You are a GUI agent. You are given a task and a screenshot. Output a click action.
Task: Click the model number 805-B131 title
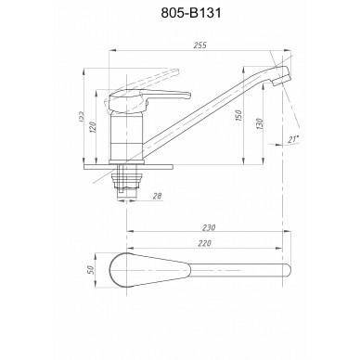(x=191, y=13)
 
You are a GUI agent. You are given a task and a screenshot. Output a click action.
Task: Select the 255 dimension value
(x=199, y=45)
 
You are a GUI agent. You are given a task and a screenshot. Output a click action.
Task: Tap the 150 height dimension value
(x=238, y=115)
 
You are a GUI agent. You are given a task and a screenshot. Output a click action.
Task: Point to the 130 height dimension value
(x=259, y=123)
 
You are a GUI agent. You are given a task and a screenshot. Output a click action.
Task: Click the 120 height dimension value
(x=92, y=127)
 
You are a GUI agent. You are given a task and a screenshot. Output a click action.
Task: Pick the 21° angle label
(x=294, y=139)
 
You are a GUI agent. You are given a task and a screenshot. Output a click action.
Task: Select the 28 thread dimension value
(x=158, y=196)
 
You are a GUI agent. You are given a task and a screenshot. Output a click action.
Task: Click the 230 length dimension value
(x=209, y=227)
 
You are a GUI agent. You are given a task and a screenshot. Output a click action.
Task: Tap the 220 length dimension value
(x=204, y=243)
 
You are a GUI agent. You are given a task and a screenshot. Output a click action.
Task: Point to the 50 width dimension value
(x=90, y=270)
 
